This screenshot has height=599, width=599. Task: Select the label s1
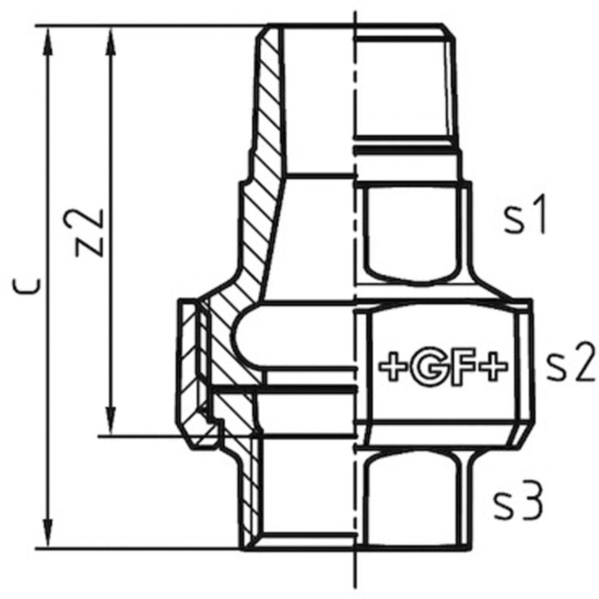click(525, 219)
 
